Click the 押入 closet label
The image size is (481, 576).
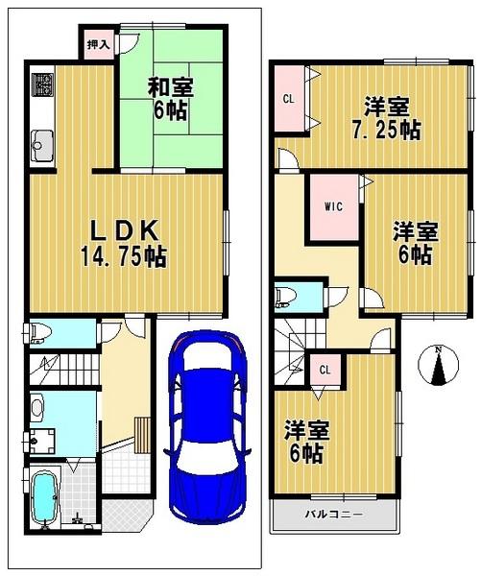(98, 44)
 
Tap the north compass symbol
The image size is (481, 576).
(439, 366)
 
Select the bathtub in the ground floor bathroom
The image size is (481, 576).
(45, 497)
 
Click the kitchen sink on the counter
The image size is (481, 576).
(43, 149)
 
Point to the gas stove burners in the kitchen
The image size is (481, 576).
(42, 86)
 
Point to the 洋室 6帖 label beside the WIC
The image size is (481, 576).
(416, 243)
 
